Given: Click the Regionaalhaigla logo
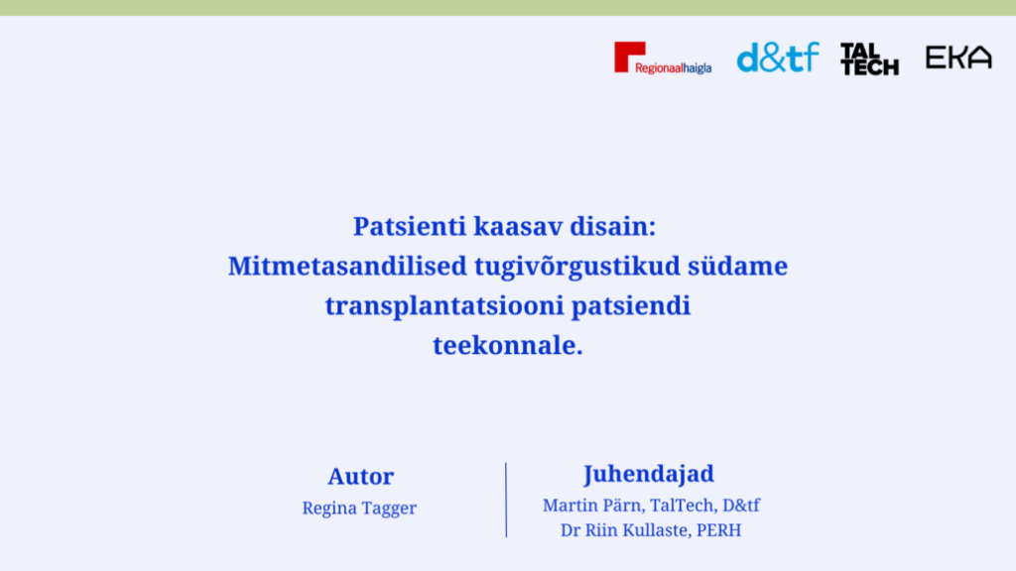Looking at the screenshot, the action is [663, 58].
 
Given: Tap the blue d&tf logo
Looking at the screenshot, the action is [778, 57].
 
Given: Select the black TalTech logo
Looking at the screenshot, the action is [869, 58].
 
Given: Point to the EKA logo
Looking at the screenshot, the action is [958, 57].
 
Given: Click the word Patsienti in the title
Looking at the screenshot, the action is [410, 227].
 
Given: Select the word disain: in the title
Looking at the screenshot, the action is [613, 227].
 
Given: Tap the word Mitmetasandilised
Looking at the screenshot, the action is [347, 266].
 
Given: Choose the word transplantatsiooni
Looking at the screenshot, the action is [444, 306].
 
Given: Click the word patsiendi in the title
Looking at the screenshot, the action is [630, 306].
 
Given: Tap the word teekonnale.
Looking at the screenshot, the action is [508, 345].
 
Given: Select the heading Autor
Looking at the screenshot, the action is [361, 477].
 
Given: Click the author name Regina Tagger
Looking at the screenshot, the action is [359, 509].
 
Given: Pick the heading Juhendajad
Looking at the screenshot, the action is [649, 475].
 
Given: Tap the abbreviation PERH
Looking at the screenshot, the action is [719, 530].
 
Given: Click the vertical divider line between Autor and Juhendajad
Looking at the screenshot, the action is [506, 500].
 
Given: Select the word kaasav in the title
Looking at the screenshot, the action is [518, 227].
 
